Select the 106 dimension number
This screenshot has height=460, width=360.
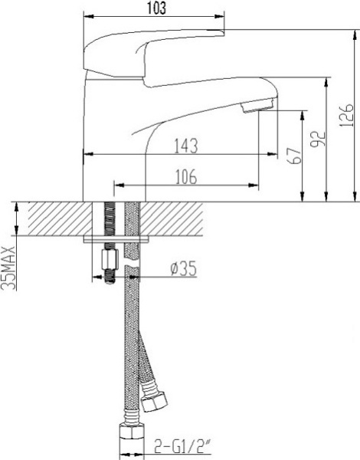[x=186, y=176]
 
